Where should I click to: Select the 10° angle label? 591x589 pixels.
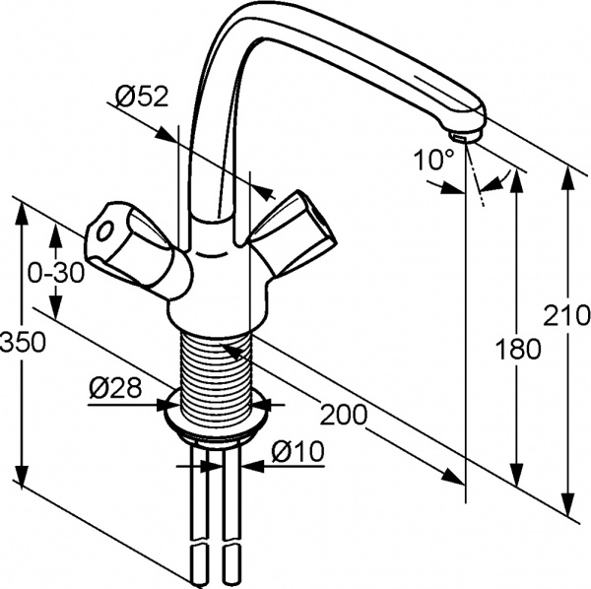[x=433, y=160]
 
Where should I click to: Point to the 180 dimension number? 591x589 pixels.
[x=517, y=348]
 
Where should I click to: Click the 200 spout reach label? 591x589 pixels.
[x=344, y=414]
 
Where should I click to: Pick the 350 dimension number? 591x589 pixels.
[x=23, y=342]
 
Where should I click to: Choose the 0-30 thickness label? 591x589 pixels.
[x=56, y=274]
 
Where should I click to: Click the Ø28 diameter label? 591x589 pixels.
[x=115, y=387]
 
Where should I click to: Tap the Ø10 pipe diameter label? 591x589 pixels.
[x=297, y=451]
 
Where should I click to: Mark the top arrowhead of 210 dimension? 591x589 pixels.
[x=568, y=178]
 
